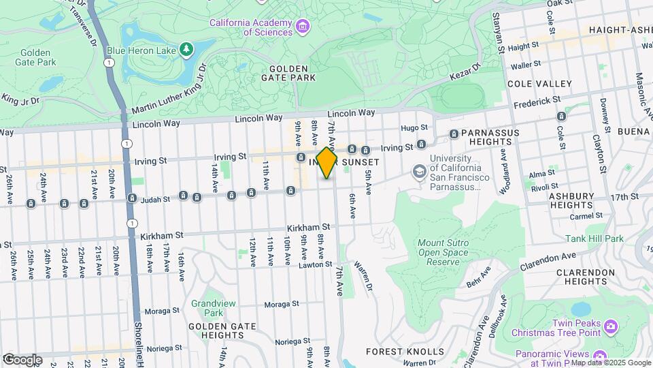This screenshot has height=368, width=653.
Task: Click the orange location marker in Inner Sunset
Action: [x=326, y=163]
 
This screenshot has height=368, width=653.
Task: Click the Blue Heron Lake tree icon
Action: [x=185, y=49]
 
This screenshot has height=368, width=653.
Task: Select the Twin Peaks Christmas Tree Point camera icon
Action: [x=610, y=326]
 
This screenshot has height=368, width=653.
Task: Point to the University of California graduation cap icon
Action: [x=419, y=170]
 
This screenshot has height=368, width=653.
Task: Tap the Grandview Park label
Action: [x=207, y=308]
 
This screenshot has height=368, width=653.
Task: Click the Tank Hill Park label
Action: [x=594, y=239]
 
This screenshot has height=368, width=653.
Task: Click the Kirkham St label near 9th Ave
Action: [x=307, y=226]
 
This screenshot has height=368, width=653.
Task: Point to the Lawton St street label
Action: [x=314, y=264]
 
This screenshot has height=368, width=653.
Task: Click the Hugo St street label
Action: [x=414, y=127]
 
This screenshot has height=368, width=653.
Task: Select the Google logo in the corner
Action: [x=22, y=359]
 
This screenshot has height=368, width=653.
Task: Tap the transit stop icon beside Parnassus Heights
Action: [x=454, y=134]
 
